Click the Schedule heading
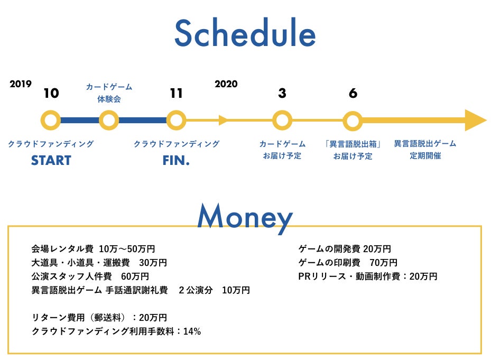pyautogui.click(x=245, y=33)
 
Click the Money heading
pyautogui.click(x=245, y=217)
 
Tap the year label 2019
pyautogui.click(x=21, y=84)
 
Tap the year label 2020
pyautogui.click(x=226, y=84)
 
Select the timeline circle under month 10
pyautogui.click(x=51, y=121)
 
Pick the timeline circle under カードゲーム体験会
pyautogui.click(x=109, y=121)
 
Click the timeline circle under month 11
pyautogui.click(x=176, y=121)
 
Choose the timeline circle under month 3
pyautogui.click(x=282, y=121)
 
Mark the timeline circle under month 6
pyautogui.click(x=353, y=121)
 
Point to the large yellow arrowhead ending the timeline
pyautogui.click(x=475, y=121)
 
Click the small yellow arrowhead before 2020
pyautogui.click(x=223, y=121)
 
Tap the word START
pyautogui.click(x=51, y=160)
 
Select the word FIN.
pyautogui.click(x=176, y=160)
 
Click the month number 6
pyautogui.click(x=353, y=93)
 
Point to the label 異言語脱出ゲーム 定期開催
pyautogui.click(x=425, y=150)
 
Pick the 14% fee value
pyautogui.click(x=192, y=331)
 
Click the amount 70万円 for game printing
pyautogui.click(x=383, y=263)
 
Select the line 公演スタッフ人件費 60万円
pyautogui.click(x=90, y=276)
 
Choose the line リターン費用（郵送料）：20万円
pyautogui.click(x=99, y=317)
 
